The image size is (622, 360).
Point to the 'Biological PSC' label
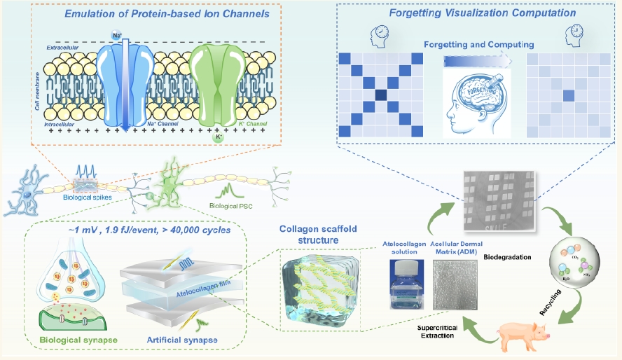[x=235, y=207]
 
